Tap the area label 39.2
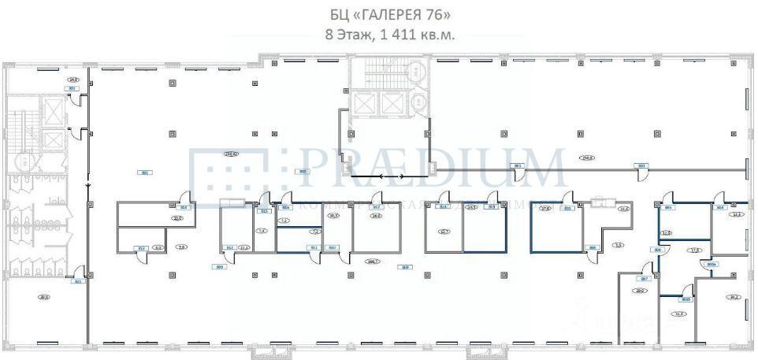[734, 297]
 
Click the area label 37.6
[544, 209]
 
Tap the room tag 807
[644, 279]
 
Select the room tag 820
[566, 208]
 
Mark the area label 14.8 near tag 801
[72, 80]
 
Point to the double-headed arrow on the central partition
[392, 176]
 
